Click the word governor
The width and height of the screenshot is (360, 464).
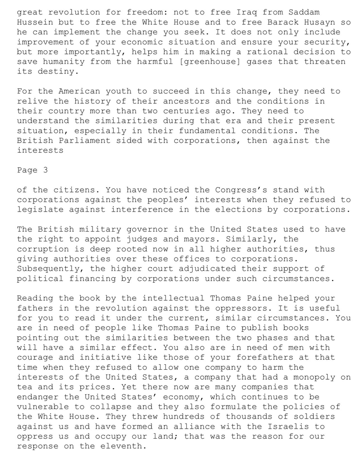142,229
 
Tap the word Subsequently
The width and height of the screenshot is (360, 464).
47,269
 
